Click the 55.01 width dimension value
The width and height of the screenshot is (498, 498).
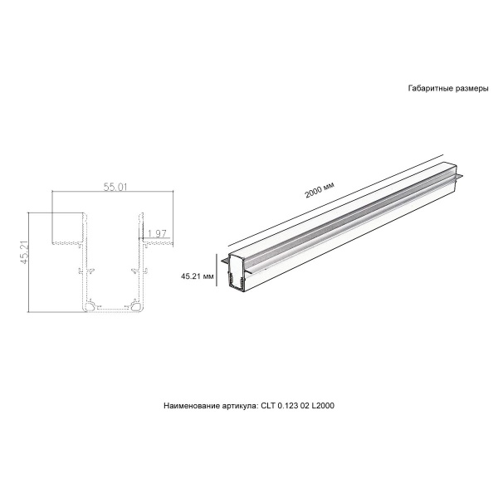tap(115, 188)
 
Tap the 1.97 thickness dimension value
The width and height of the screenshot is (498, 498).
tap(159, 233)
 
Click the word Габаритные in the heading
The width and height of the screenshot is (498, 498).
tap(428, 88)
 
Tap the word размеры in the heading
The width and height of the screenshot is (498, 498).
tap(471, 88)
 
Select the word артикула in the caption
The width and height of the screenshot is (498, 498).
tap(240, 407)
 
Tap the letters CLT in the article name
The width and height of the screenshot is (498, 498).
tap(267, 407)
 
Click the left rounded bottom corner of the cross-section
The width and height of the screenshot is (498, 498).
tap(89, 306)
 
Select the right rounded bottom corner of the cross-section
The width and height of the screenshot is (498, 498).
tap(135, 306)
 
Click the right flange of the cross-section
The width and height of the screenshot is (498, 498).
tap(158, 242)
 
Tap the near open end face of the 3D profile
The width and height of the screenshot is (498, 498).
tap(237, 274)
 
